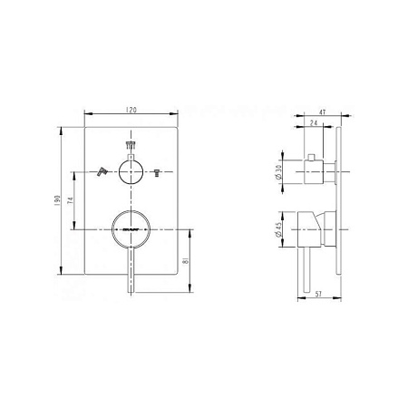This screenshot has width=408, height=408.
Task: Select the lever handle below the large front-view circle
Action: click(x=133, y=272)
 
